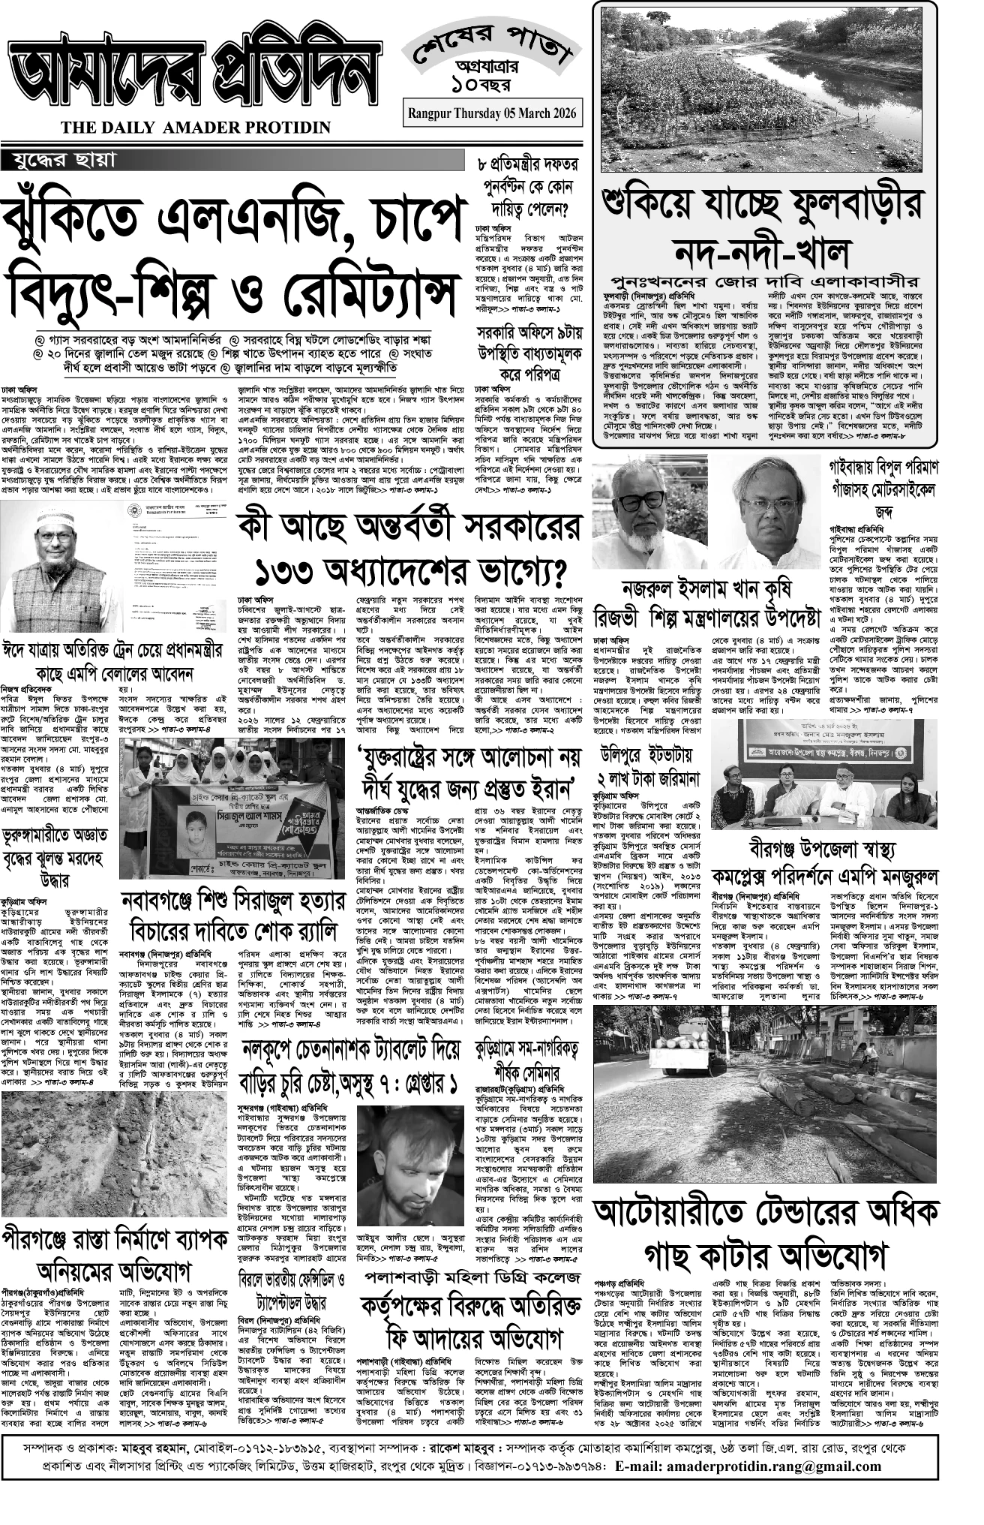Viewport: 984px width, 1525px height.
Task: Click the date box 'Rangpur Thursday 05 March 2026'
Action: [492, 113]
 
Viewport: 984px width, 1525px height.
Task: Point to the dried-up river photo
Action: [765, 89]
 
